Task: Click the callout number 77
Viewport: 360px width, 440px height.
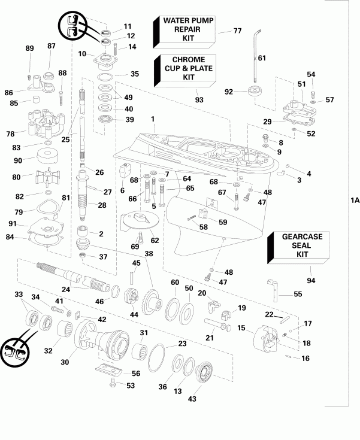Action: (x=237, y=31)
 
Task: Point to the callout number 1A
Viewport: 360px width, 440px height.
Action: (x=354, y=202)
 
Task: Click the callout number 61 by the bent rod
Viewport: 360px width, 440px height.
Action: (x=261, y=58)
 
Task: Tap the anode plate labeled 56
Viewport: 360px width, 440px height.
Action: (x=113, y=371)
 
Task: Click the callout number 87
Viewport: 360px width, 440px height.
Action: (x=51, y=46)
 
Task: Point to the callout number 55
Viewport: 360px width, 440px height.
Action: (x=298, y=294)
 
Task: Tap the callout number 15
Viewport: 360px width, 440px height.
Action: (x=241, y=327)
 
